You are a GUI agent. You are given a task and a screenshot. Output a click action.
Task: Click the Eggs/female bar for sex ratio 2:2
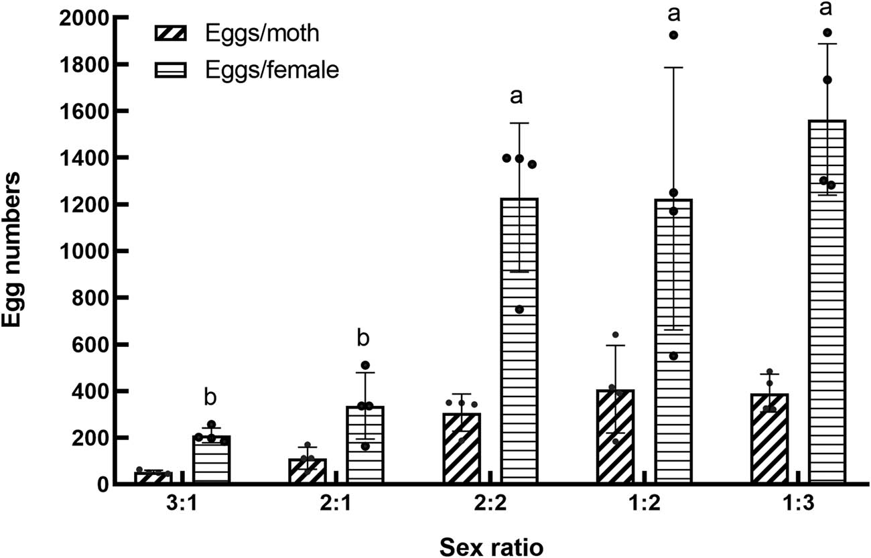tap(519, 342)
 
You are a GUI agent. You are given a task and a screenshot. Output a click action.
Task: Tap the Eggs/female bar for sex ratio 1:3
tap(827, 301)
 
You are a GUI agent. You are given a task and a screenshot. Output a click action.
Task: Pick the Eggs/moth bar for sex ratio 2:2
tap(462, 449)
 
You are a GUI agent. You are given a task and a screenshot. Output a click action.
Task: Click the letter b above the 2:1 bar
tap(362, 338)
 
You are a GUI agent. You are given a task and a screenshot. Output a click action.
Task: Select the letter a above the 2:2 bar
tap(516, 97)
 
